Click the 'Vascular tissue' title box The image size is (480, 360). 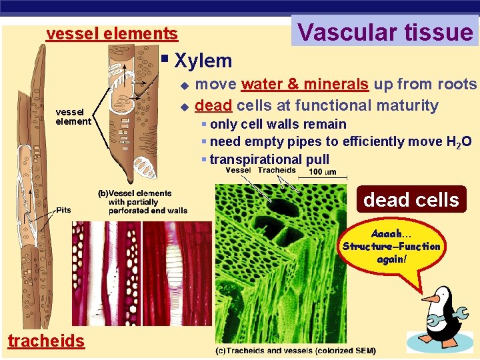(385, 31)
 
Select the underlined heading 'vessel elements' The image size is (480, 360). (112, 33)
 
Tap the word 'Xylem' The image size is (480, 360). (203, 61)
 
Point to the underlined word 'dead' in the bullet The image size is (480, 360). (213, 105)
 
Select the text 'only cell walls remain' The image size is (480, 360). (278, 124)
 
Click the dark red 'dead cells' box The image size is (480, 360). (411, 199)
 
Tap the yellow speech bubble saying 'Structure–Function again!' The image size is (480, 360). (391, 246)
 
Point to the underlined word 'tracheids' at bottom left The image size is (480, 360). (46, 341)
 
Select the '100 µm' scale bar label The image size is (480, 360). (322, 172)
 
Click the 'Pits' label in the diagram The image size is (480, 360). (64, 209)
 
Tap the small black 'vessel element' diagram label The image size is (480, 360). (73, 117)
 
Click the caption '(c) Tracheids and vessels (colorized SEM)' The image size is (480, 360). (295, 351)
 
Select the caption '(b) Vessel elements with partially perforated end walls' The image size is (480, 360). (143, 202)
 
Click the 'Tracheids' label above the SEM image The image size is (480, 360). (277, 170)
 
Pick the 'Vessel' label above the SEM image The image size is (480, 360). (238, 170)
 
